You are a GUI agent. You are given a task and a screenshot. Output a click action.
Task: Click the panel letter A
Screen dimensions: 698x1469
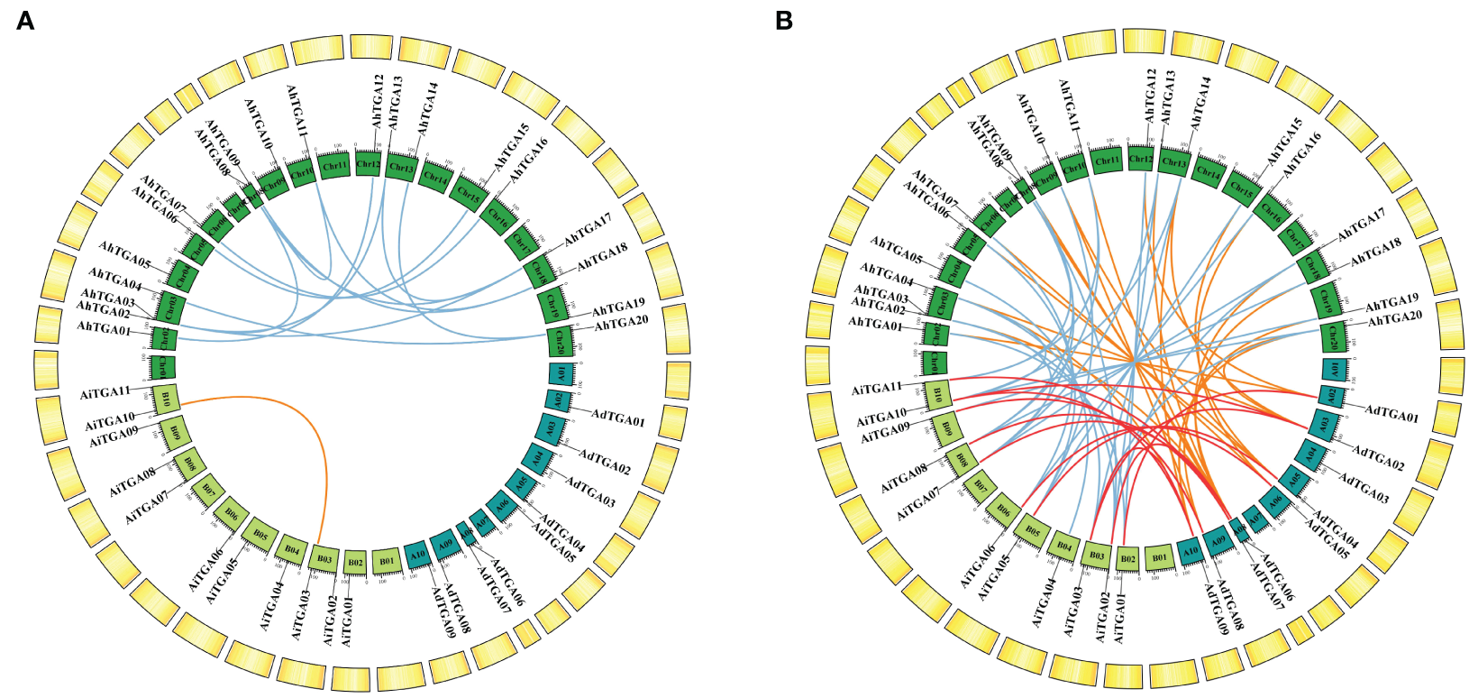[25, 21]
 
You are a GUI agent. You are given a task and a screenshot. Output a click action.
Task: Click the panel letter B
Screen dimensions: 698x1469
[784, 21]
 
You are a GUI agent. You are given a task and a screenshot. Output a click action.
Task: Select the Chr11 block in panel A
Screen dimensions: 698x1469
[334, 165]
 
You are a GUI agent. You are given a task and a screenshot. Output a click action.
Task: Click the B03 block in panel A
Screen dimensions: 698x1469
[324, 559]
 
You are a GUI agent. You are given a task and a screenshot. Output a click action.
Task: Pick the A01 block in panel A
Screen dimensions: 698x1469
[559, 372]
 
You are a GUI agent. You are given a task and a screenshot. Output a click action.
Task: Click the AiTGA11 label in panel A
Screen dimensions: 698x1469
[105, 393]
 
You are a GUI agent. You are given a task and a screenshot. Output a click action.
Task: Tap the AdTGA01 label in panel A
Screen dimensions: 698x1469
[618, 419]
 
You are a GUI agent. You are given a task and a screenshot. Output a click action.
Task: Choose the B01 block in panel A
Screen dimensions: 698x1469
[387, 561]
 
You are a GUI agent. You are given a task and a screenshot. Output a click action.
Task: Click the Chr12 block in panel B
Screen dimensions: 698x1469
[1140, 159]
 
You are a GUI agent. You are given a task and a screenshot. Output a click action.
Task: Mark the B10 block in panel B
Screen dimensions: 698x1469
[937, 394]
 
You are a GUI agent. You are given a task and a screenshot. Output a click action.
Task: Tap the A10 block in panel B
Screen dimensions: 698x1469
[1190, 552]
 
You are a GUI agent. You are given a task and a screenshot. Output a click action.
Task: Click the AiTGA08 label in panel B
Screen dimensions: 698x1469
[904, 478]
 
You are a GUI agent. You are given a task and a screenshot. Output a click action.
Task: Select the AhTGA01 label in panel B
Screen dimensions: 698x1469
[875, 325]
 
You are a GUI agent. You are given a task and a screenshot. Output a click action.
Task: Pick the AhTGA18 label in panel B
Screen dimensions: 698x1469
[1375, 253]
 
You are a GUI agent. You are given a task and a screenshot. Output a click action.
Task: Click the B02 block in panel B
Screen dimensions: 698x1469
[1127, 559]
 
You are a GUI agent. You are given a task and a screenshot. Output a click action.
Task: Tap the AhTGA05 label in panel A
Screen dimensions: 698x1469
[124, 256]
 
